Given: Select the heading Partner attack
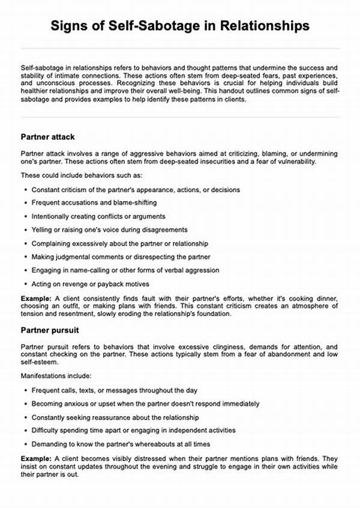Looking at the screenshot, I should (47, 137).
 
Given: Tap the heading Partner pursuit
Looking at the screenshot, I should (49, 330).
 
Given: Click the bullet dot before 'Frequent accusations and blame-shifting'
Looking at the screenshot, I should (26, 203).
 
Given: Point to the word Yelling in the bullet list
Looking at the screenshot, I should (43, 229).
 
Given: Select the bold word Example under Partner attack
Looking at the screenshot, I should (35, 298).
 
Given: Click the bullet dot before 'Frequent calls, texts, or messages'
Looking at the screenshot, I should (26, 390).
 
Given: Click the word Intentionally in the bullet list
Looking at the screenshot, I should (52, 216).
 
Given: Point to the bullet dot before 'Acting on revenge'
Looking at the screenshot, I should (26, 283).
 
